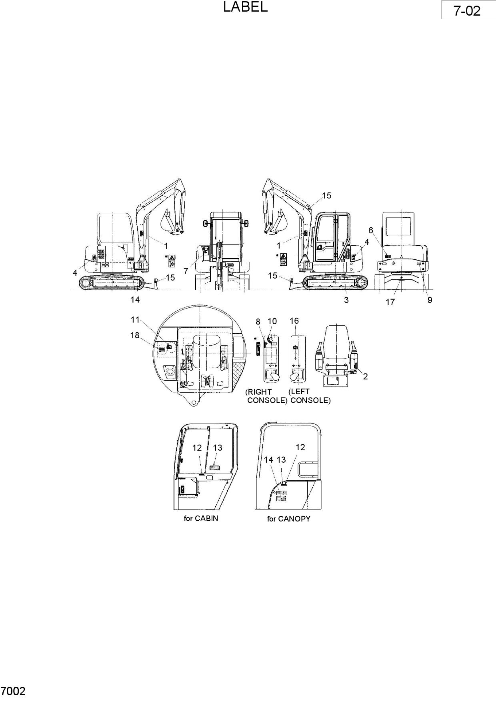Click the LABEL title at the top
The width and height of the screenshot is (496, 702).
click(245, 7)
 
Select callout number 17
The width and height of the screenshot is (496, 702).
click(390, 302)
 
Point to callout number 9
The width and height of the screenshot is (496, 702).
click(430, 300)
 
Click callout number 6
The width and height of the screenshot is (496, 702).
click(371, 230)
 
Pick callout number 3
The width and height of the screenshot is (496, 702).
click(346, 300)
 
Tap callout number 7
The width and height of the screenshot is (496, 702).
click(186, 271)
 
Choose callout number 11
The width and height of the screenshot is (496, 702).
click(135, 320)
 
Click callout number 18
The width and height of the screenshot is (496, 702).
click(135, 335)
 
